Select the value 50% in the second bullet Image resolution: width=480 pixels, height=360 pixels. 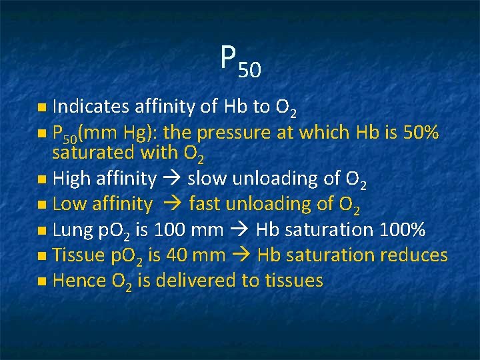point(420,133)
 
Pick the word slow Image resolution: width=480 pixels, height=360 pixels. point(209,179)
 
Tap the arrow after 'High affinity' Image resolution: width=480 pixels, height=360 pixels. point(176,179)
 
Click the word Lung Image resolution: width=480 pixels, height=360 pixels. point(72,230)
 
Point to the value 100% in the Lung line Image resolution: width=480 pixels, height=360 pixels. point(401,230)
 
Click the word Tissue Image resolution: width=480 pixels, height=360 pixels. point(77,255)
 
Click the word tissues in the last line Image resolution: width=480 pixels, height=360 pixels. point(292,281)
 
